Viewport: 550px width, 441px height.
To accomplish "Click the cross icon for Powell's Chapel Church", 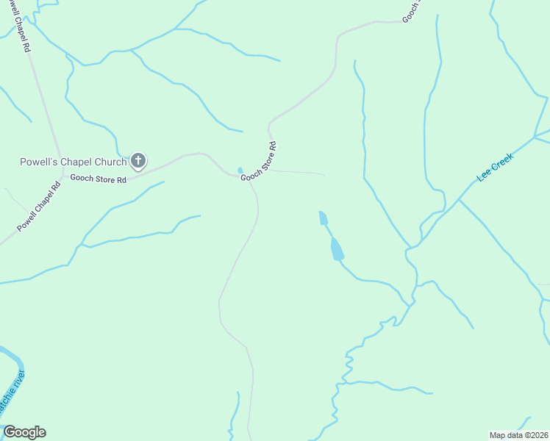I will coord(138,161).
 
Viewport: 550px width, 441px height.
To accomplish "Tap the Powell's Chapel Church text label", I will coord(73,162).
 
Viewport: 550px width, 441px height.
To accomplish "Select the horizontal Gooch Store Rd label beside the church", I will coord(98,179).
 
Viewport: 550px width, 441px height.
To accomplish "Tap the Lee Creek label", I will coord(494,168).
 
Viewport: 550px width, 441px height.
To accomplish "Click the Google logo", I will coord(24,432).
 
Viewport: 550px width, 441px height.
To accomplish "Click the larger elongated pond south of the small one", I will coord(336,249).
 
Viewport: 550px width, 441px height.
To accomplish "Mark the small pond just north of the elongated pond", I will coord(323,218).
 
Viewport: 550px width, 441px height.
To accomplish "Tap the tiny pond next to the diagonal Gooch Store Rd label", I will coord(240,171).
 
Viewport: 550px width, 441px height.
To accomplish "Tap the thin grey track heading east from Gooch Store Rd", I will coord(298,173).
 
